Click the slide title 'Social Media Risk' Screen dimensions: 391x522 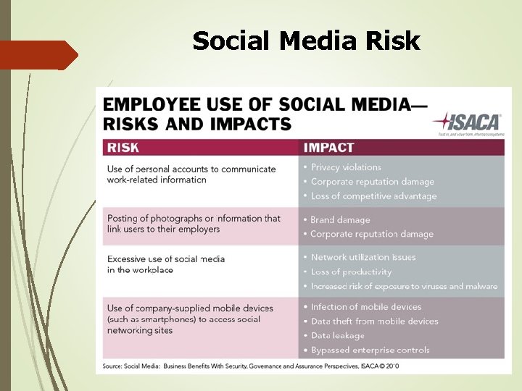coord(306,41)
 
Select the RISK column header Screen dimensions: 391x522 coord(123,148)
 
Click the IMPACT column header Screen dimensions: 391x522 coord(329,148)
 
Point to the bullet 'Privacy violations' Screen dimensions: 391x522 coord(346,167)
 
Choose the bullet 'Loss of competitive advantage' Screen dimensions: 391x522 coord(373,196)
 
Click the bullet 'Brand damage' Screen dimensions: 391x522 coord(340,219)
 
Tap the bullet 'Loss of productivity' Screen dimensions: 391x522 coord(351,272)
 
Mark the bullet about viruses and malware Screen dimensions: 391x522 coord(404,286)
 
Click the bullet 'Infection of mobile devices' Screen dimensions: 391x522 coord(366,307)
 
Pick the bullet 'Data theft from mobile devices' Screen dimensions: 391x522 coord(374,321)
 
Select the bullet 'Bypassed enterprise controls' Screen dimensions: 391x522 coord(370,350)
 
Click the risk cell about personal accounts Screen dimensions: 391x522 coord(191,175)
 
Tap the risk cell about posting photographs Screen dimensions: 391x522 coord(194,224)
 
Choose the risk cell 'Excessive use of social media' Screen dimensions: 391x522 coord(166,264)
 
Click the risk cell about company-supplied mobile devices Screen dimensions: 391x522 coord(190,319)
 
